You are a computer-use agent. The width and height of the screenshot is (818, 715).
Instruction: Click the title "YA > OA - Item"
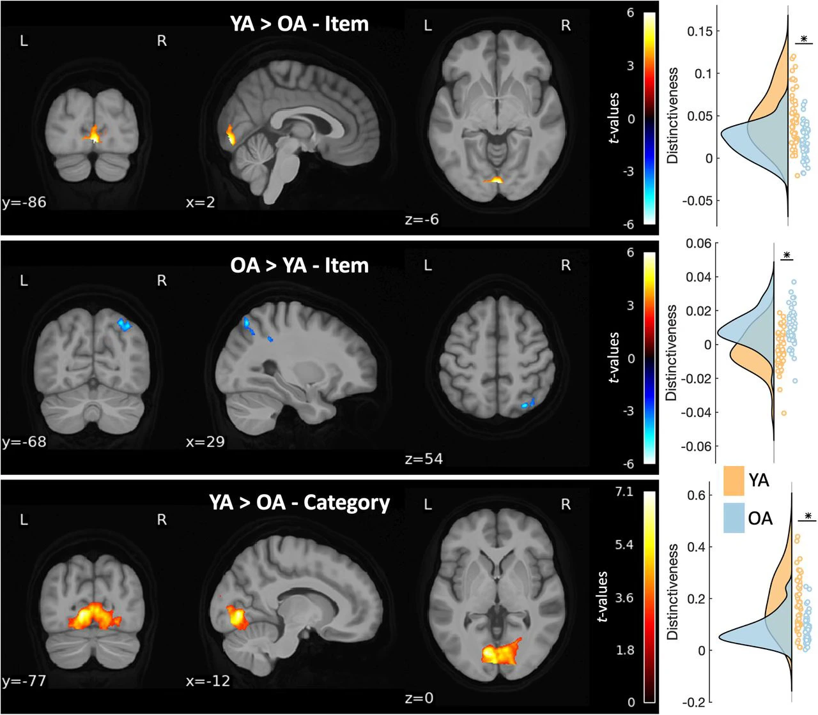point(299,24)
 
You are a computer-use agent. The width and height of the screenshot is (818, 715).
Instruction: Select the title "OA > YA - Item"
point(299,265)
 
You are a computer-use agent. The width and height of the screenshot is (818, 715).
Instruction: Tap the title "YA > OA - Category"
point(299,502)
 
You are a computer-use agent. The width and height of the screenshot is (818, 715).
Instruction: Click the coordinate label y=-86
point(24,203)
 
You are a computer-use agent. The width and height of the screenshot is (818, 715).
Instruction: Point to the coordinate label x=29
point(205,442)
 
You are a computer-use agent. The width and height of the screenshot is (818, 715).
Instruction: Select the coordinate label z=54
point(424,458)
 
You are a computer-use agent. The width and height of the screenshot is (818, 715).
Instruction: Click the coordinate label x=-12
point(208,681)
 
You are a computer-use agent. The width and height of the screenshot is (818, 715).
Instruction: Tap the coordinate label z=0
point(419,698)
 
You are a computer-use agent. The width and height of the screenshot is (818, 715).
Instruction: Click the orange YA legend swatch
point(734,481)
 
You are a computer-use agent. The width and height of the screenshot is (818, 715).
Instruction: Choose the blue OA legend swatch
point(734,518)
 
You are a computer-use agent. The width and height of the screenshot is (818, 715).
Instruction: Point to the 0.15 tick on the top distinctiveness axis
point(698,31)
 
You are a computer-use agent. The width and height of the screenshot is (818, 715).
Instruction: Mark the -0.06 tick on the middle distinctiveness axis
point(697,446)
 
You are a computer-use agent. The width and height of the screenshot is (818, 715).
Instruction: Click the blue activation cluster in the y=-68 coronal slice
point(124,324)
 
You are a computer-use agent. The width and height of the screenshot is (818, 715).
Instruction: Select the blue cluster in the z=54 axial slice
point(528,403)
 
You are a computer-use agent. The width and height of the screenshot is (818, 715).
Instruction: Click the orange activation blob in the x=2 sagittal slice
point(230,135)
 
